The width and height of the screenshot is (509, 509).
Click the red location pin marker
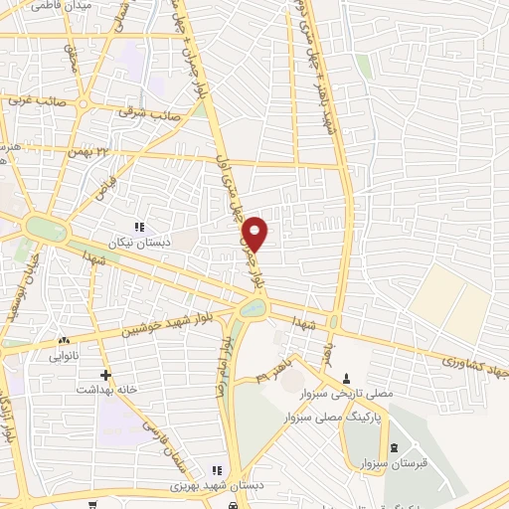(255, 234)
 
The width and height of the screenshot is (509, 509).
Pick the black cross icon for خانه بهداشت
(105, 375)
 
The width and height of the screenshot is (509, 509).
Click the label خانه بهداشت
(105, 390)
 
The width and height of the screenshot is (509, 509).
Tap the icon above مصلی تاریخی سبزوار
(347, 377)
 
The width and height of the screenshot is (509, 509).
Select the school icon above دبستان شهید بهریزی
(217, 470)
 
